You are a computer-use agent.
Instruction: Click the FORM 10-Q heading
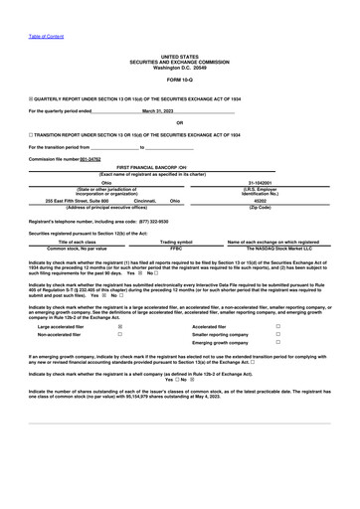pyautogui.click(x=180, y=78)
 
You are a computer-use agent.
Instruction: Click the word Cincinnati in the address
pyautogui.click(x=146, y=200)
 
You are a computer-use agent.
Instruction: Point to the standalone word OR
pyautogui.click(x=180, y=122)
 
